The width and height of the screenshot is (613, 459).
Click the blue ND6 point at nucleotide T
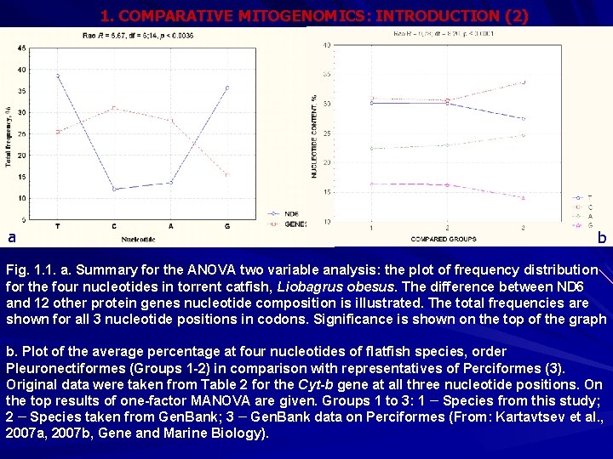pyautogui.click(x=57, y=76)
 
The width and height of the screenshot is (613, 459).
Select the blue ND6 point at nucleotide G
pyautogui.click(x=226, y=88)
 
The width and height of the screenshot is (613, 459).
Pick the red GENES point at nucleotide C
pyautogui.click(x=113, y=108)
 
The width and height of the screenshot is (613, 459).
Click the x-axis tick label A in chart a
pyautogui.click(x=170, y=225)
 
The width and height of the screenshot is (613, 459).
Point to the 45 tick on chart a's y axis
pyautogui.click(x=21, y=48)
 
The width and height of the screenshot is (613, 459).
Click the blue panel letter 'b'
pyautogui.click(x=601, y=238)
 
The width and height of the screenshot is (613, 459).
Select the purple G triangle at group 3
pyautogui.click(x=523, y=198)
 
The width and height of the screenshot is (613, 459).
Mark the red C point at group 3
pyautogui.click(x=523, y=82)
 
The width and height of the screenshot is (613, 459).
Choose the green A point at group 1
pyautogui.click(x=371, y=148)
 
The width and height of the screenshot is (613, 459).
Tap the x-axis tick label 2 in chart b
pyautogui.click(x=447, y=227)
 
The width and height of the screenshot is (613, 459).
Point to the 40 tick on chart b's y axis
pyautogui.click(x=327, y=45)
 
